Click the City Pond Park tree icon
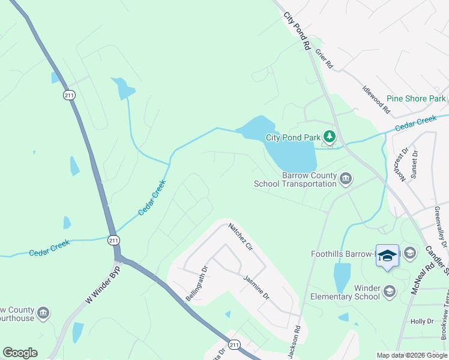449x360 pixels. point(329,137)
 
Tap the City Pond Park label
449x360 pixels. point(294,137)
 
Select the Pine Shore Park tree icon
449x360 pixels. point(448,98)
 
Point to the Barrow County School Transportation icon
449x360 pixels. point(346,179)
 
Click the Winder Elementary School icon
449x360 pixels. point(390,292)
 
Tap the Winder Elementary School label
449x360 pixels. point(345,292)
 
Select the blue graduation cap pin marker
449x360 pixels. point(387,256)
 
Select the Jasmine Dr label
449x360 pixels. point(257,287)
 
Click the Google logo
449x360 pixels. point(20,353)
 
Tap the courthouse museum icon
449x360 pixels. point(43,313)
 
